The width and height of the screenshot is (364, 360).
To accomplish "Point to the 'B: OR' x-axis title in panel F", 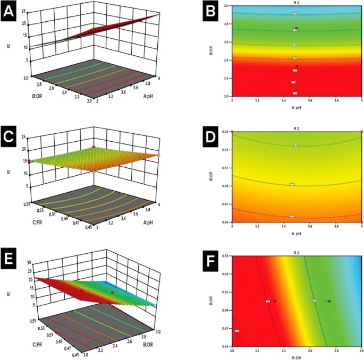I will (297, 357).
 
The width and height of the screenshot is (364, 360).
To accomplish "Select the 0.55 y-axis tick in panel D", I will (226, 131).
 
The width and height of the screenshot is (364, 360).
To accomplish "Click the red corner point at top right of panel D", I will (362, 131).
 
